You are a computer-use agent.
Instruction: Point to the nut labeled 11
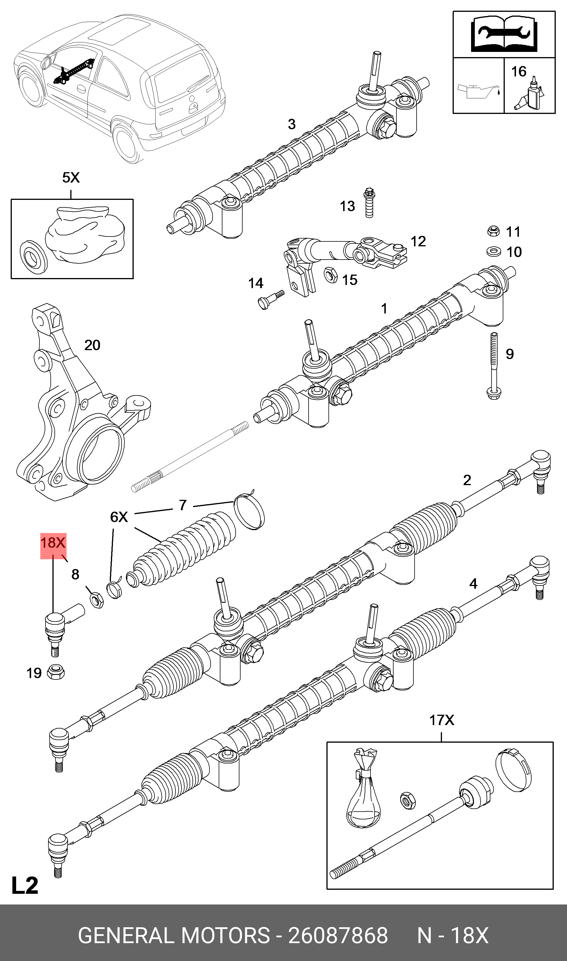[494, 231]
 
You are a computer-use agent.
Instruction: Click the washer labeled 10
[494, 251]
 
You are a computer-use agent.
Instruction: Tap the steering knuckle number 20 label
[92, 345]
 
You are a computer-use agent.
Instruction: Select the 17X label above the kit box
[441, 720]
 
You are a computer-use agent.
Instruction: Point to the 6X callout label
[119, 517]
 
